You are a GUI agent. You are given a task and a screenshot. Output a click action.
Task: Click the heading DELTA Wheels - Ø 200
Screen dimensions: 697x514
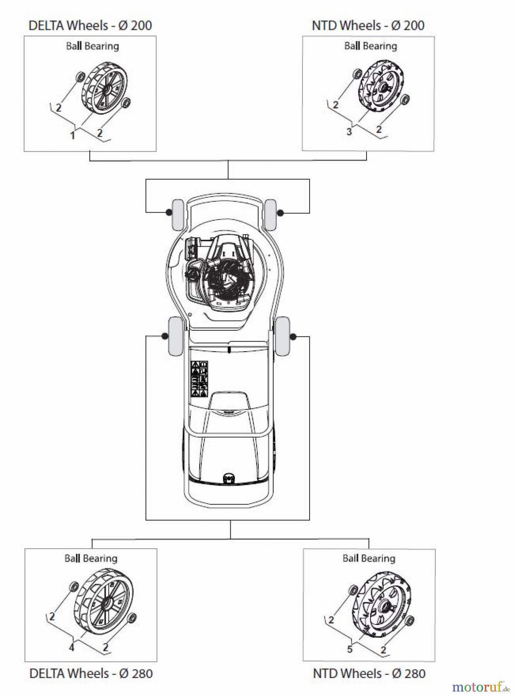90,26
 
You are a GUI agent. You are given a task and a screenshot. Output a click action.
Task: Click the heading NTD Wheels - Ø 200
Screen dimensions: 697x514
368,26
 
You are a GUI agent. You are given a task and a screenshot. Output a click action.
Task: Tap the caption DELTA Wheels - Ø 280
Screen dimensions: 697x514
91,673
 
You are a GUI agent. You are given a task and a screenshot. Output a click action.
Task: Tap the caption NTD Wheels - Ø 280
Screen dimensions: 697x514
369,673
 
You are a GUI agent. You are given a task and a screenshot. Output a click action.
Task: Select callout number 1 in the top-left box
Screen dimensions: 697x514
72,135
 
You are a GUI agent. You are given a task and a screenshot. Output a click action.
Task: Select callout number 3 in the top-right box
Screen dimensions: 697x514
349,132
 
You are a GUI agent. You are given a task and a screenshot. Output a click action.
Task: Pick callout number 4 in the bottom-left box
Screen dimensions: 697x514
72,647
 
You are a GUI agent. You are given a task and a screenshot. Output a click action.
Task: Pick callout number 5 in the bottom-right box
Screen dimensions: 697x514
350,649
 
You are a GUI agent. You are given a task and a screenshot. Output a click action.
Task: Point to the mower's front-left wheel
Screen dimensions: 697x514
178,215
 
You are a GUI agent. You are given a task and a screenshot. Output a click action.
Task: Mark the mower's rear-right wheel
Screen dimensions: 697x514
283,336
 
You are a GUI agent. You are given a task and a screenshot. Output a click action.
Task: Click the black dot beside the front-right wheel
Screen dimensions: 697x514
281,213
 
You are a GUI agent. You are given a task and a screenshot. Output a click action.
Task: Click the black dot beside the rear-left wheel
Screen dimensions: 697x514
165,336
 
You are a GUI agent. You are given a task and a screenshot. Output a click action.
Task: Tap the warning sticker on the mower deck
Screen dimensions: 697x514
200,379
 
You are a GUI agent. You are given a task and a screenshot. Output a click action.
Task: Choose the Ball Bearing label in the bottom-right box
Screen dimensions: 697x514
369,558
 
